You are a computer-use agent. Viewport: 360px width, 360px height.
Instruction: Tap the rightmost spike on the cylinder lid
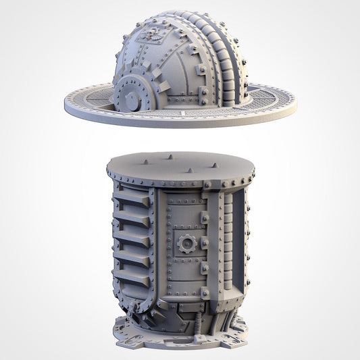215,165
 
